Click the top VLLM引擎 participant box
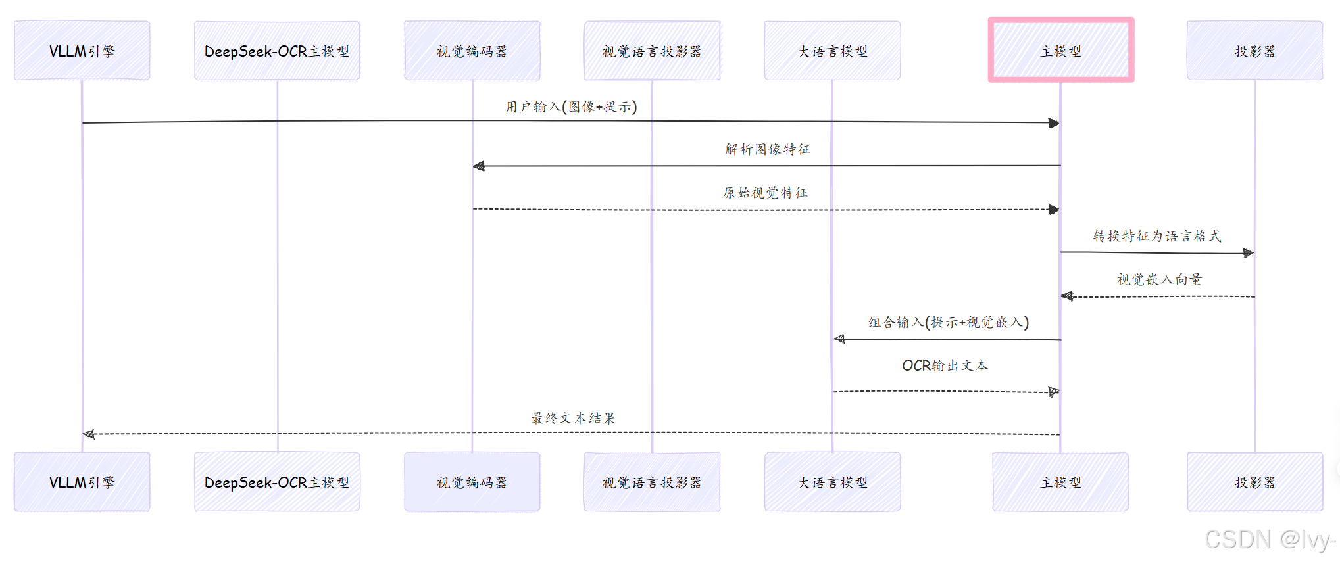point(82,51)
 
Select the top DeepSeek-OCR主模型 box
point(277,51)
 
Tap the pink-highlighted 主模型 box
point(1060,51)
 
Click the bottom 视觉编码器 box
point(472,482)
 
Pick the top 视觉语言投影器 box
point(652,51)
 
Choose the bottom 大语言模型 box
point(832,482)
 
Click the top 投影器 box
point(1254,51)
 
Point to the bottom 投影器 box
point(1254,482)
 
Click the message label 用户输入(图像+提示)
point(571,106)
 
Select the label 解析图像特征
point(768,149)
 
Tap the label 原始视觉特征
point(765,193)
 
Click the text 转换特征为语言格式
point(1156,236)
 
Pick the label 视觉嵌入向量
point(1159,279)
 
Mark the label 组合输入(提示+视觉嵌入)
point(948,322)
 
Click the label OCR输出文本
point(945,365)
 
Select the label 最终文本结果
point(573,418)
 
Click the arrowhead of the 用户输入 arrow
point(1054,123)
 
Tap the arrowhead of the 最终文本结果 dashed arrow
point(89,434)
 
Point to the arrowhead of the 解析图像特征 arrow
point(479,166)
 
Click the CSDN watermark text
point(1269,540)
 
